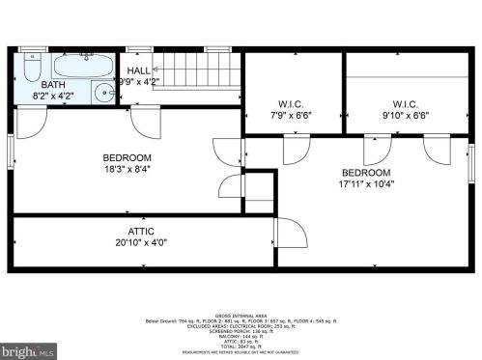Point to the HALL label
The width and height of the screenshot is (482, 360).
click(139, 69)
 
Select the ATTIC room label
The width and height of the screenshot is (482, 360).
click(141, 231)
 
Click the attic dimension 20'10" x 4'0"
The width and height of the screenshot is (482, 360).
click(141, 242)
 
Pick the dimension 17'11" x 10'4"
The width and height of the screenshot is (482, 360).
click(367, 183)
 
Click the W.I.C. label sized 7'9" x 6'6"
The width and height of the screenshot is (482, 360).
click(292, 104)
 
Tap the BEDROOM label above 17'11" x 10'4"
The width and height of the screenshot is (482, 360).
click(367, 172)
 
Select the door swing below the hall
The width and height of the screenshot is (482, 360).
click(145, 122)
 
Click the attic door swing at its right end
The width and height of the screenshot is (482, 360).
click(290, 235)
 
